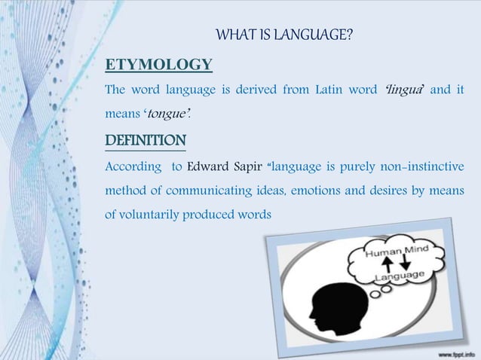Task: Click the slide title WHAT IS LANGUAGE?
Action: pyautogui.click(x=284, y=36)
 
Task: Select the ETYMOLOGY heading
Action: pyautogui.click(x=158, y=63)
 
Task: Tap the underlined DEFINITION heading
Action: pyautogui.click(x=146, y=141)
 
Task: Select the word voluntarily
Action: pyautogui.click(x=147, y=214)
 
